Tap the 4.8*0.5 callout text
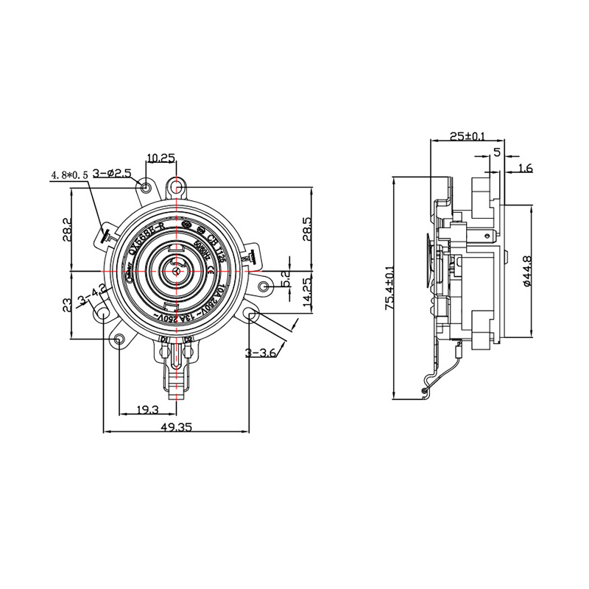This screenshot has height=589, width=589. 69,175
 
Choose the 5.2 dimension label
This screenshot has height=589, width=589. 286,279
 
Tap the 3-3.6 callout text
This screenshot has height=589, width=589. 261,353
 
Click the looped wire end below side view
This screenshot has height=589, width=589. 425,391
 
